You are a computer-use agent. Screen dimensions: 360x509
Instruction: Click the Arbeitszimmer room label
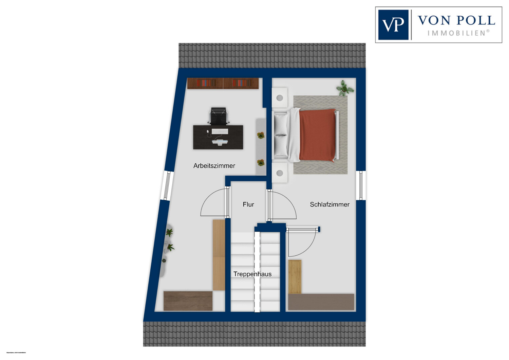coord(214,166)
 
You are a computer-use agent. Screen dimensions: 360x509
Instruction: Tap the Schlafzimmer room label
coord(329,204)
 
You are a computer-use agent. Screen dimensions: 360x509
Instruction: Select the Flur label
coord(248,204)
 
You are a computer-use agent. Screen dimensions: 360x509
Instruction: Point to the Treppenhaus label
coord(252,274)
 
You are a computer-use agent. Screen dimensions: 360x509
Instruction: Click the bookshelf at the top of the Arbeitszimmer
coord(223,83)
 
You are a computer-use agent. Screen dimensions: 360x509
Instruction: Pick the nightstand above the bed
coord(280,98)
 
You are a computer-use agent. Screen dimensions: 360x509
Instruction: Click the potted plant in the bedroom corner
coord(345,88)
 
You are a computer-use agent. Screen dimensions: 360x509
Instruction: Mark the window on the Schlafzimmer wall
coord(361,185)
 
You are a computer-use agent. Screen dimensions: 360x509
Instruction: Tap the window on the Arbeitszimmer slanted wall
coord(167,185)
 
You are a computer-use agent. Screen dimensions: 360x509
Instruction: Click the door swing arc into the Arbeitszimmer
coord(212,204)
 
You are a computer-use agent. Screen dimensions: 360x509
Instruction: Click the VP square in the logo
coord(393,25)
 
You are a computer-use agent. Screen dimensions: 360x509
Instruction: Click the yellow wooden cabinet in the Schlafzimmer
coord(295,276)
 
